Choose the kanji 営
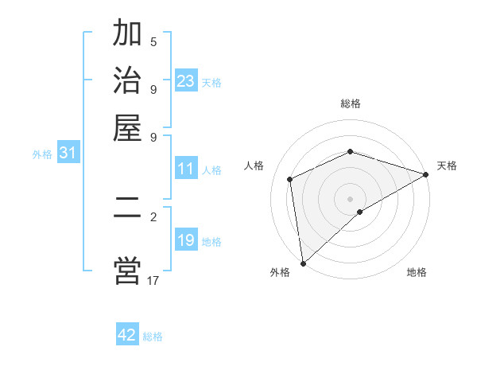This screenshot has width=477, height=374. (x=127, y=270)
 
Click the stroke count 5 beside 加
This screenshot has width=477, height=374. (x=153, y=42)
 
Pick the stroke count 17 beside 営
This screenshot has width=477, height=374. (x=153, y=280)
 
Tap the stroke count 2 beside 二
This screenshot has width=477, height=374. (x=153, y=216)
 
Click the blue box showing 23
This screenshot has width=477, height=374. (x=186, y=80)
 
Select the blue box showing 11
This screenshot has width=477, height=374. (x=186, y=169)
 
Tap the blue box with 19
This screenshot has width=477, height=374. (x=186, y=240)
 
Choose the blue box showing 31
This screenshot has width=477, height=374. (x=68, y=153)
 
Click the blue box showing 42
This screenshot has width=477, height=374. (x=127, y=335)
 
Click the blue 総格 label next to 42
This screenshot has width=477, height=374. (x=153, y=337)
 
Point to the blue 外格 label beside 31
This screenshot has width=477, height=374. (x=42, y=154)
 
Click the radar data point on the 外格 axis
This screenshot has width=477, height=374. (x=303, y=263)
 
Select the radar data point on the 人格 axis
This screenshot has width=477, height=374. (x=290, y=179)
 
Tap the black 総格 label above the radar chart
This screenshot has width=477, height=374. (x=351, y=103)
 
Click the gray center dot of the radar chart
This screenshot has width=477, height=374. (x=351, y=198)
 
